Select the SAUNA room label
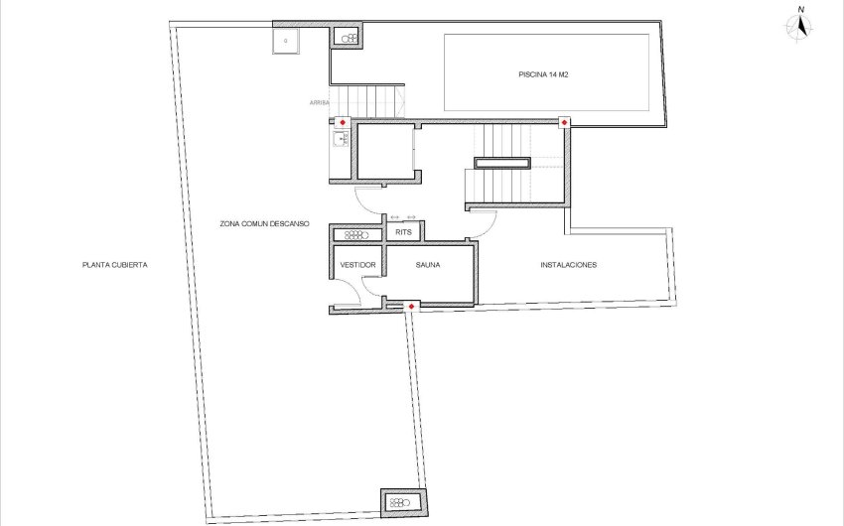(x=428, y=266)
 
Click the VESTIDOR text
(x=357, y=266)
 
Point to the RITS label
(x=403, y=232)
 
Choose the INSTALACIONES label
(x=568, y=266)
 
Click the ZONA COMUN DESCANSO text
(x=264, y=224)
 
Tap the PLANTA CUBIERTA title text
(x=115, y=266)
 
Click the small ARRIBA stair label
(x=319, y=101)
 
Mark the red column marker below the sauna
(x=411, y=307)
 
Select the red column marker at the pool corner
(x=564, y=122)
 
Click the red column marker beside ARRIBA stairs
(x=342, y=122)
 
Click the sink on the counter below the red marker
(x=342, y=139)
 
